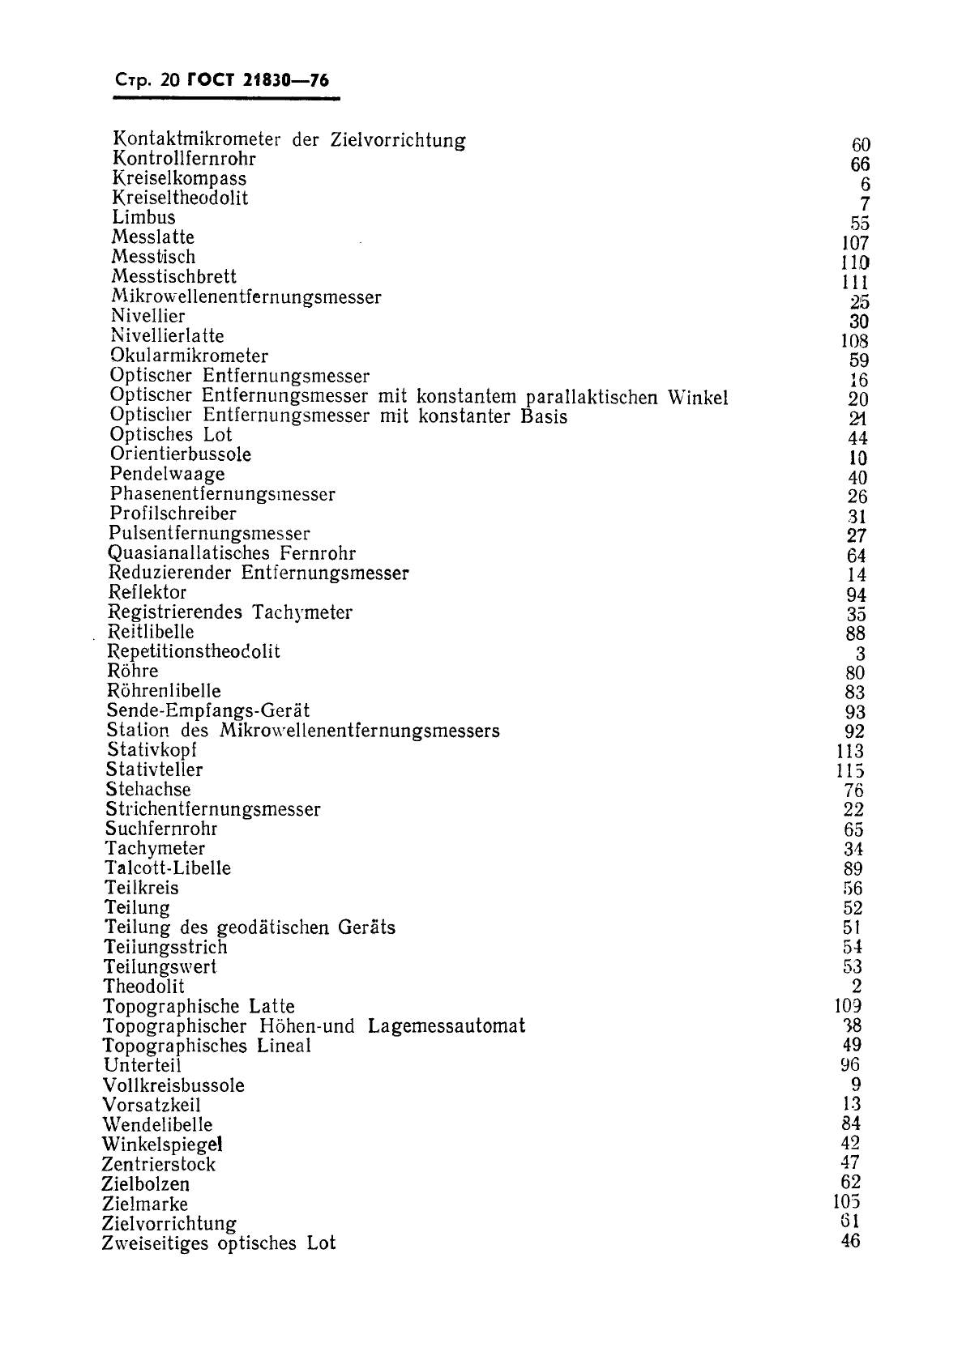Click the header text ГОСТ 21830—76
258,80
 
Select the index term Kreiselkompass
179,178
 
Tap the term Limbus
143,217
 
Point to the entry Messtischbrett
173,276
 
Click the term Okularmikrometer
189,356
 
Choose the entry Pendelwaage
167,474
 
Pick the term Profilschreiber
173,514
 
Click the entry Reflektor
148,592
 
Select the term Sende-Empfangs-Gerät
208,711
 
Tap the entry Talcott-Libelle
168,868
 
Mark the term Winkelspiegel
162,1145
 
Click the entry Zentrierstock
159,1165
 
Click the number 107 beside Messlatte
855,243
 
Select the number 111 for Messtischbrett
855,283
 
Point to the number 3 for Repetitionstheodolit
860,654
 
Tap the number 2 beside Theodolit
857,986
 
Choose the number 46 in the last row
850,1241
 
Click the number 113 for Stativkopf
851,752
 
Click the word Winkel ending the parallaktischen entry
697,398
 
